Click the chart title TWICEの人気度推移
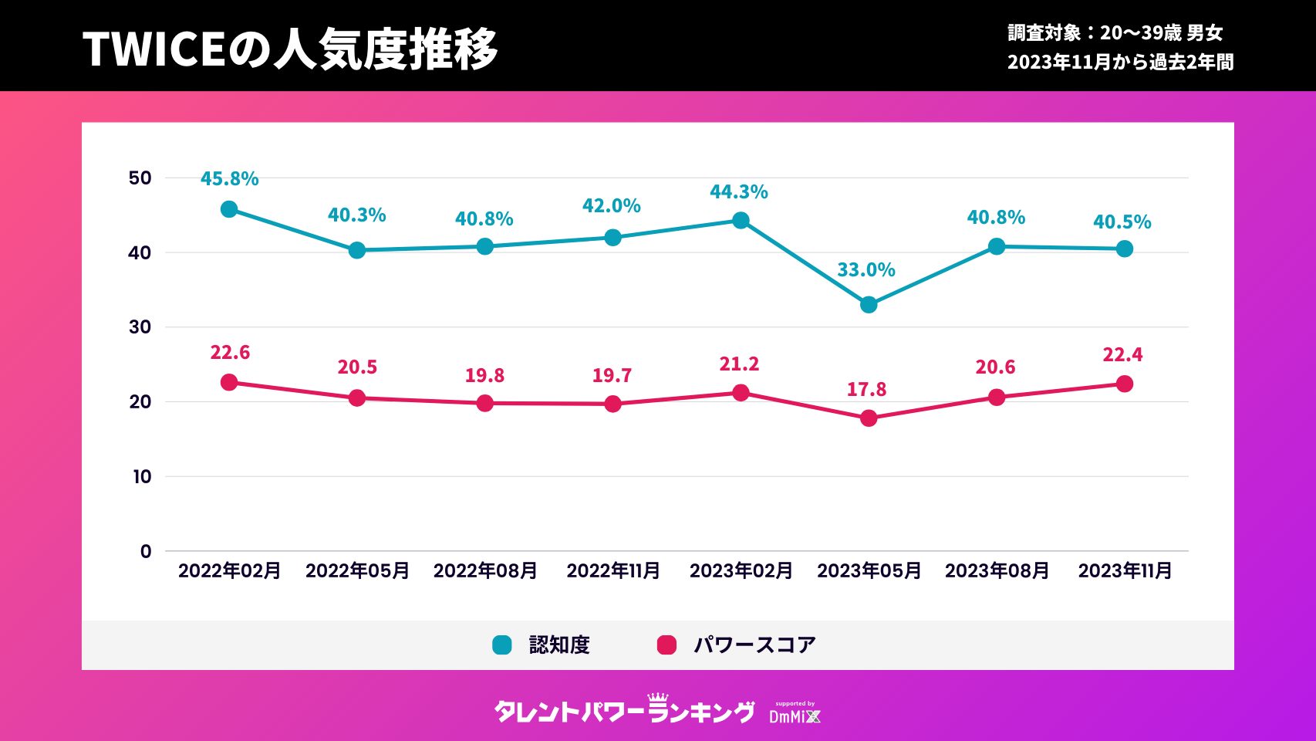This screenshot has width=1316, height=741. click(x=290, y=49)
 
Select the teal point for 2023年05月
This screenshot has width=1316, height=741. click(x=869, y=305)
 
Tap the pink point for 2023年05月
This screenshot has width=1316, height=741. click(x=869, y=418)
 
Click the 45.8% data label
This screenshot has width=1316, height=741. click(x=229, y=179)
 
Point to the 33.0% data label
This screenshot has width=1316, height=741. click(x=866, y=270)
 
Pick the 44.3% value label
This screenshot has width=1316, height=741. click(x=739, y=192)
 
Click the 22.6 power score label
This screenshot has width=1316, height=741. click(x=230, y=353)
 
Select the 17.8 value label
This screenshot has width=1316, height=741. click(x=866, y=390)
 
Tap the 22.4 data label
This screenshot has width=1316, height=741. click(x=1122, y=355)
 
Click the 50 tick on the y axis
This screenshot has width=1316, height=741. click(x=140, y=178)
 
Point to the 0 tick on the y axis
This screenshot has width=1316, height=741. click(x=146, y=551)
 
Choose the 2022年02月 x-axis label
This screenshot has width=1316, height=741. click(x=229, y=571)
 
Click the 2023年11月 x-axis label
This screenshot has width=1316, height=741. click(x=1125, y=571)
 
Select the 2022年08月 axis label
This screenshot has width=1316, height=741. click(x=485, y=571)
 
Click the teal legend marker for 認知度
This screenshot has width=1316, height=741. click(x=502, y=645)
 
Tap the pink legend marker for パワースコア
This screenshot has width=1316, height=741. click(x=666, y=645)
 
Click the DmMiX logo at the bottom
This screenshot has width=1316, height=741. click(x=795, y=715)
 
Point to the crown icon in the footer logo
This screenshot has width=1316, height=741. click(x=658, y=698)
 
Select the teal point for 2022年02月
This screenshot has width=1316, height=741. click(x=229, y=210)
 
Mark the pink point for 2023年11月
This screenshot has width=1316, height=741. click(x=1125, y=384)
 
